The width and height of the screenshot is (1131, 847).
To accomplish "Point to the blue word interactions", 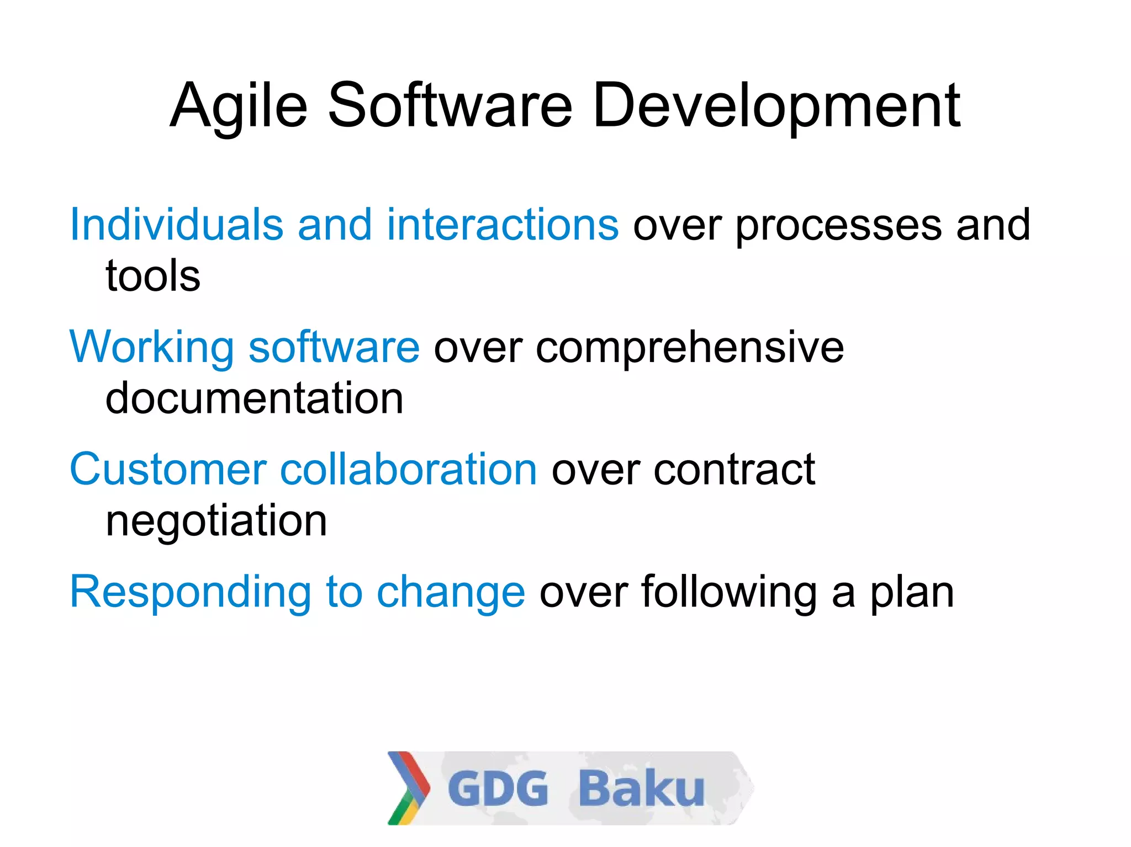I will tap(503, 225).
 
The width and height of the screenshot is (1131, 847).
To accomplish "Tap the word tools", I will tap(153, 275).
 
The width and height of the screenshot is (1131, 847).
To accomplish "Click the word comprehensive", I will tap(690, 348).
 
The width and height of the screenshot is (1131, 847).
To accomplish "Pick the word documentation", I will tap(254, 398).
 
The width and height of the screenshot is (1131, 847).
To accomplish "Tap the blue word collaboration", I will tap(409, 469).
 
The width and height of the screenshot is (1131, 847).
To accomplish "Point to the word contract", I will tap(734, 470).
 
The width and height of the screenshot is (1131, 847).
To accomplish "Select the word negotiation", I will tap(216, 521).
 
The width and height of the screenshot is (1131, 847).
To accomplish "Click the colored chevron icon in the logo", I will tap(409, 788).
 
